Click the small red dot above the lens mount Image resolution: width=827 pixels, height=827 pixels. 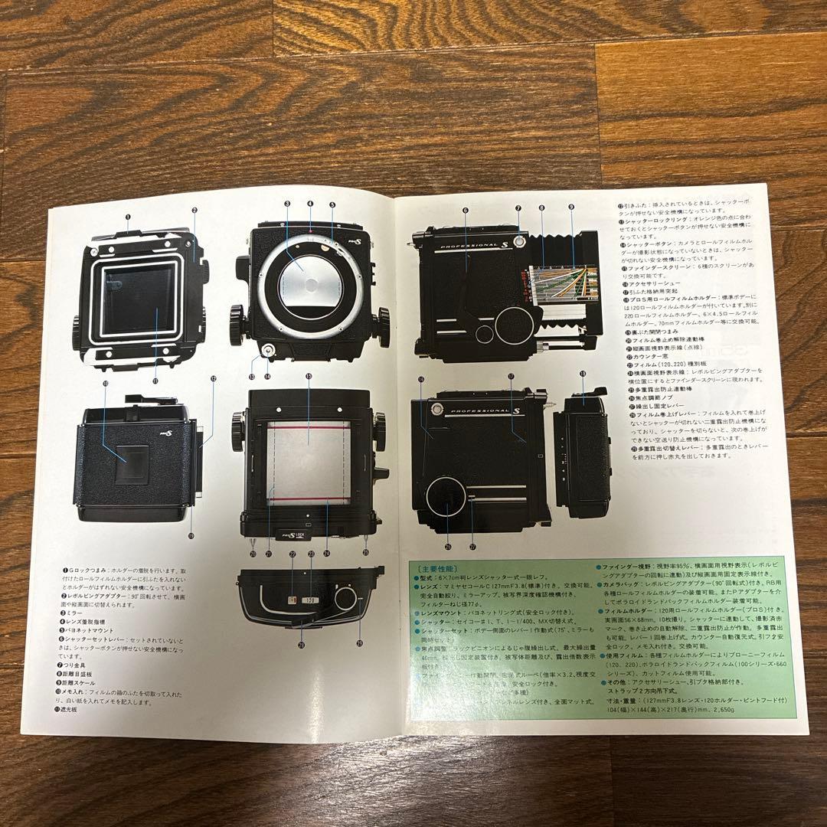(310, 229)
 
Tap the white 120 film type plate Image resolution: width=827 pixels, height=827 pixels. (309, 601)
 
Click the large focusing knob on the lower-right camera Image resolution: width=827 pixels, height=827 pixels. (448, 499)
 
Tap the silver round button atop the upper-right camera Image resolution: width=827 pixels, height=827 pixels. (518, 242)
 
